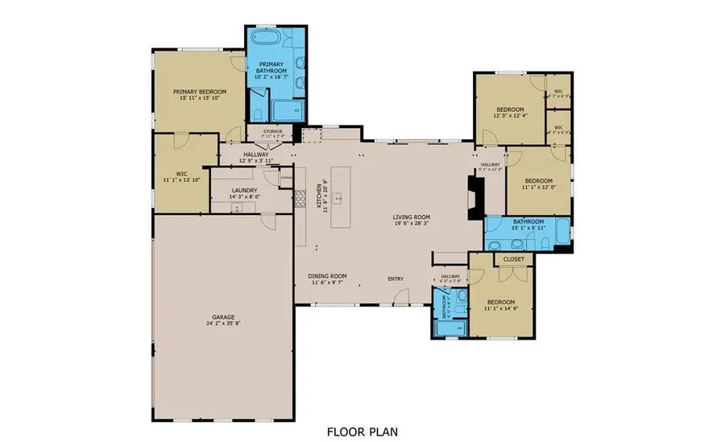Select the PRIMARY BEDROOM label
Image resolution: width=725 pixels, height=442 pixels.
pyautogui.click(x=200, y=93)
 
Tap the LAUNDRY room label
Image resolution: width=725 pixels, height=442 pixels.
pyautogui.click(x=243, y=191)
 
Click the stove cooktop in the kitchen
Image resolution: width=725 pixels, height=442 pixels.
pyautogui.click(x=300, y=198)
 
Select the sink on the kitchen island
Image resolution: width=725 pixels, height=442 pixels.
pyautogui.click(x=340, y=196)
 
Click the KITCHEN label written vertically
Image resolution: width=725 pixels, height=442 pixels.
pyautogui.click(x=319, y=193)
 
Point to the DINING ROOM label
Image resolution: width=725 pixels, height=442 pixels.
pyautogui.click(x=327, y=276)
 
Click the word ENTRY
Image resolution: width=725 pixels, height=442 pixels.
pyautogui.click(x=396, y=279)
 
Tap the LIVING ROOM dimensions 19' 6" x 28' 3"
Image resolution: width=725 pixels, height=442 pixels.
pyautogui.click(x=412, y=224)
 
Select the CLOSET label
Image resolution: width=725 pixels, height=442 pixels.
pyautogui.click(x=514, y=259)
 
